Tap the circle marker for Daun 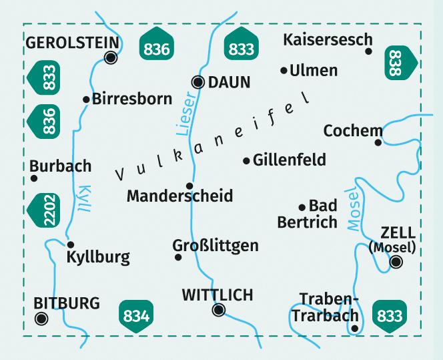point(198,82)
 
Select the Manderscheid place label point(179,196)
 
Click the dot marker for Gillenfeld point(247,160)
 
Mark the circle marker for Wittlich point(217,309)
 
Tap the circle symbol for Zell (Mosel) point(396,262)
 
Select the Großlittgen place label point(215,245)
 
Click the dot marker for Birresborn point(86,100)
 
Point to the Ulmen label point(314,70)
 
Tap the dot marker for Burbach point(33,178)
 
